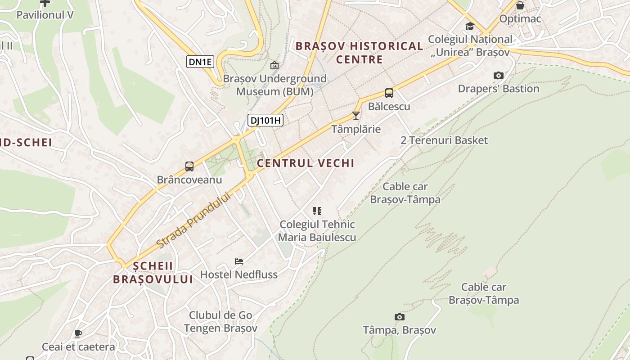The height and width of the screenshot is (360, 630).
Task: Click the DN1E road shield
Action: point(200,62)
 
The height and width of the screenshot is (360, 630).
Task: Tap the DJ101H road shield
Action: point(265,120)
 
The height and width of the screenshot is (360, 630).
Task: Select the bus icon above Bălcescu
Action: point(389,94)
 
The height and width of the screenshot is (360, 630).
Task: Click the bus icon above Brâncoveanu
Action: point(189,166)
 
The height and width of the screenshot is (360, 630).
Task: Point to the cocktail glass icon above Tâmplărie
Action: point(356,116)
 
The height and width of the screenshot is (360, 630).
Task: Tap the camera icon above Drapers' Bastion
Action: point(498,75)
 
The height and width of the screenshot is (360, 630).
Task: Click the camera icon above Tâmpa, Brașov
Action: point(399,317)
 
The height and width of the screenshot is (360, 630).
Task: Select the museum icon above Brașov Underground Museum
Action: point(274,66)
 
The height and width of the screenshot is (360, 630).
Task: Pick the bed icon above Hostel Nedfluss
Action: point(238,261)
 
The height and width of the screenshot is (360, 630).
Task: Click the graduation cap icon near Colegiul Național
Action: point(470,26)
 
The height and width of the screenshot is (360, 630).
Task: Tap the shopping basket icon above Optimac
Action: point(520,6)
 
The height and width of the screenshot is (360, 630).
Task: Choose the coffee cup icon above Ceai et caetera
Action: point(78,333)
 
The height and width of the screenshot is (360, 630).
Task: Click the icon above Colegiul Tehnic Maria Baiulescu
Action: point(317,211)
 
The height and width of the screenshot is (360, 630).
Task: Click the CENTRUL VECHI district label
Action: point(306,163)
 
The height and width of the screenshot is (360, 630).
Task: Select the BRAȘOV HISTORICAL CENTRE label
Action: point(360,53)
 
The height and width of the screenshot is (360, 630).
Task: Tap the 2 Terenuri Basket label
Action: point(444,140)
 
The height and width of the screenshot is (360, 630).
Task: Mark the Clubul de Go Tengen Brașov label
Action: point(220,322)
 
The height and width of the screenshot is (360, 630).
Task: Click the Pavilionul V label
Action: point(45,15)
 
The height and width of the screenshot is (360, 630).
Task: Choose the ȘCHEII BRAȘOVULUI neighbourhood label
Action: point(153,272)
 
